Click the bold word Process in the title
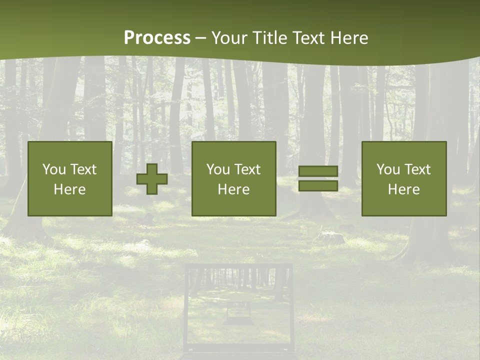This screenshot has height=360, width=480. pos(157,37)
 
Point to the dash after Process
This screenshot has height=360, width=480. pos(200,38)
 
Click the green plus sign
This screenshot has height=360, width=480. pos(152,179)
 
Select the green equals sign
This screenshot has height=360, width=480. pos(318,178)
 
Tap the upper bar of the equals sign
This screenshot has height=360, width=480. pos(318,171)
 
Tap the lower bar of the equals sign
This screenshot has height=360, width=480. pos(318,186)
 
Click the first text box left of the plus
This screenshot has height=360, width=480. pos(69,178)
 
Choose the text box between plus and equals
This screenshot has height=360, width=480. pos(233,178)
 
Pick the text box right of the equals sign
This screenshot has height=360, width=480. pos(403,178)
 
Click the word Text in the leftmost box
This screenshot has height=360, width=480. pos(83,169)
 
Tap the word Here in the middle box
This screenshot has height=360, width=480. pos(233,189)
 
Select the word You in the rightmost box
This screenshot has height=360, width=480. pos(388,169)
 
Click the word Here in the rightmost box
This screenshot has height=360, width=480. pos(403,189)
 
